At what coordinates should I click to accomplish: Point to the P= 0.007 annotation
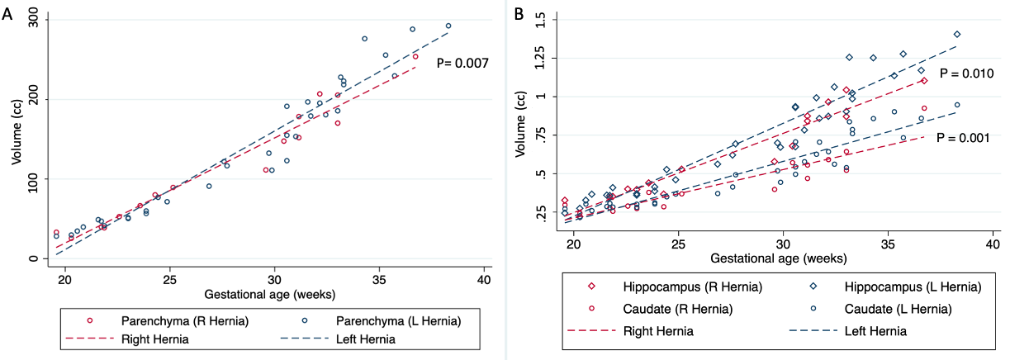462,63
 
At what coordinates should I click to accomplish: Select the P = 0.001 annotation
963,138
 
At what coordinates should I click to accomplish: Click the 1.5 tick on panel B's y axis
541,18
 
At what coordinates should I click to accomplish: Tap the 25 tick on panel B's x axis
678,245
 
